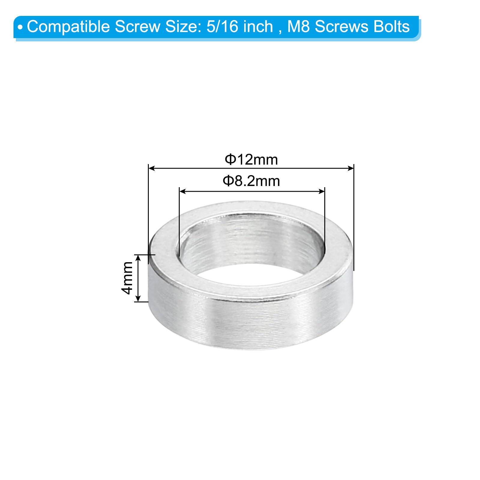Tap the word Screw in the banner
[138, 27]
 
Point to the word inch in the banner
[258, 26]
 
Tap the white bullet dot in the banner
[20, 28]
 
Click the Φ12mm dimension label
[251, 159]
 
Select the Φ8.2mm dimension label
[251, 181]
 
